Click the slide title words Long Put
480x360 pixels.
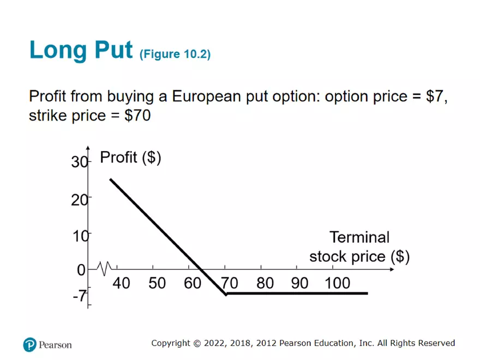click(81, 50)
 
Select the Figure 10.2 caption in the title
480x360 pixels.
click(175, 54)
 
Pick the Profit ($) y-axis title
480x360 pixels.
click(130, 157)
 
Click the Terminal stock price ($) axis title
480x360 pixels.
click(359, 247)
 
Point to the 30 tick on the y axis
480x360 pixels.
click(79, 162)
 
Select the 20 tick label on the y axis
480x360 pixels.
click(79, 200)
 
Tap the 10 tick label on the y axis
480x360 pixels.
click(81, 237)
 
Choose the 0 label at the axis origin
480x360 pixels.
click(81, 270)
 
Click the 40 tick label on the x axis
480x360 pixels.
click(121, 283)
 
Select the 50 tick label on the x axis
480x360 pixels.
click(157, 283)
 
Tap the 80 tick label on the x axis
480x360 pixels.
click(265, 283)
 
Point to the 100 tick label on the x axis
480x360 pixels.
click(337, 283)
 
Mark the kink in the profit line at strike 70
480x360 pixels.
click(226, 294)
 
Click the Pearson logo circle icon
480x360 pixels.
click(30, 344)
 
